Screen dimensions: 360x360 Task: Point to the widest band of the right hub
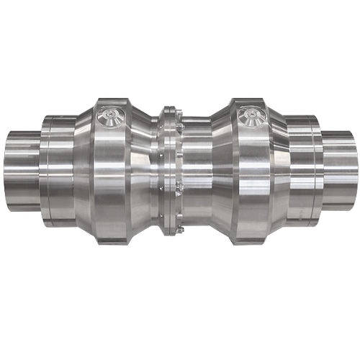click(x=252, y=176)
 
